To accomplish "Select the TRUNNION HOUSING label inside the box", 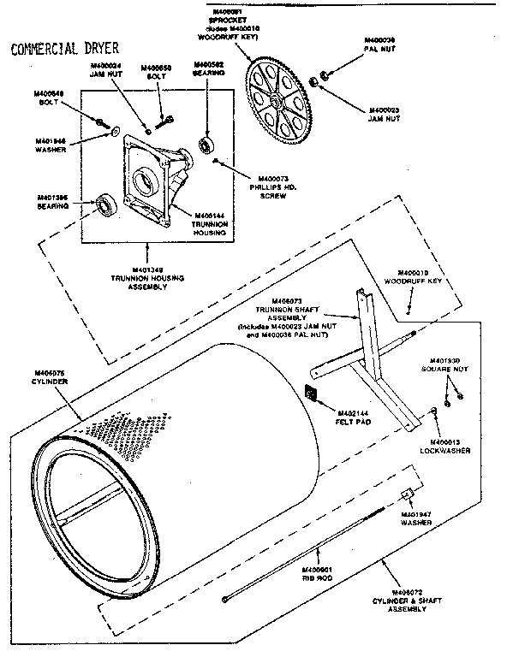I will (209, 223).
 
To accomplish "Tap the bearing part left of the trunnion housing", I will (106, 204).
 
